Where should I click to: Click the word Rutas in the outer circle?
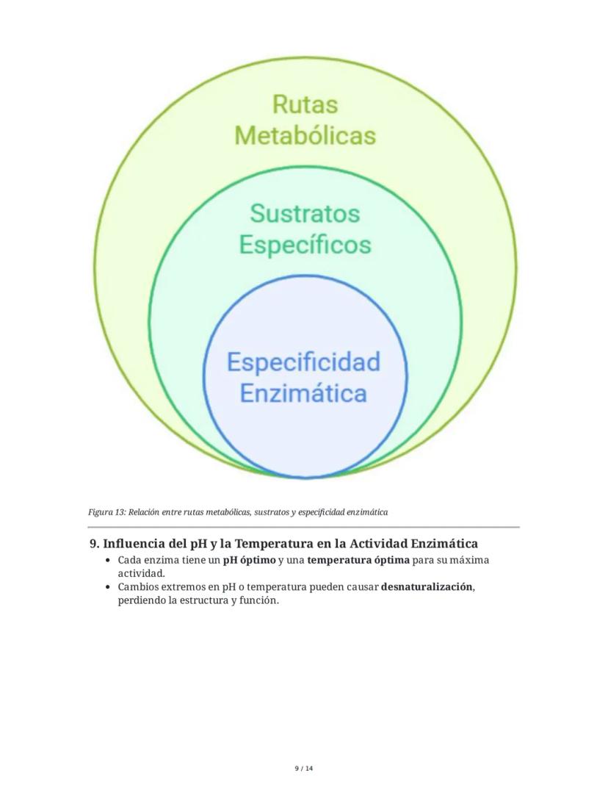click(x=305, y=104)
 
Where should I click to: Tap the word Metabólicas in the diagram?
click(x=305, y=136)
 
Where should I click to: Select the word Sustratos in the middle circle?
click(x=305, y=213)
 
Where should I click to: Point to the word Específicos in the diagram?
click(x=305, y=244)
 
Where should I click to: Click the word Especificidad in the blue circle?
click(x=303, y=362)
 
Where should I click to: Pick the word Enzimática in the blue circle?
click(x=303, y=393)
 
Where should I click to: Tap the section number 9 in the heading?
click(x=93, y=544)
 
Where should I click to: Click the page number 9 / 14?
click(x=303, y=769)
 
